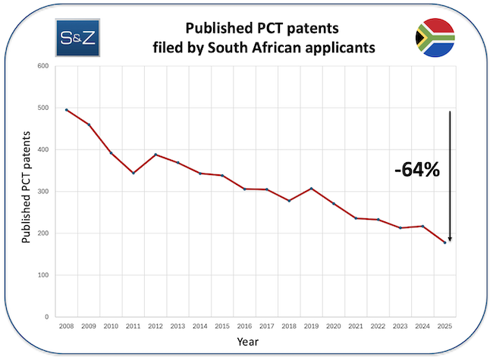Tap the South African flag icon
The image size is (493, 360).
[x=435, y=36]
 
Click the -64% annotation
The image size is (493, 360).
[x=417, y=170]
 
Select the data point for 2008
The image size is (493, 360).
[x=67, y=110]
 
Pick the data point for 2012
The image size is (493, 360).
[x=155, y=155]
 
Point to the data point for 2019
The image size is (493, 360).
[x=311, y=189]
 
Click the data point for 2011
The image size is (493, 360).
[x=133, y=173]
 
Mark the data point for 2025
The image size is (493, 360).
[x=444, y=243]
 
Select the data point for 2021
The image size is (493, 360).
[x=356, y=218]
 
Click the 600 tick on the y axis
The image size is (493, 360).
[x=42, y=66]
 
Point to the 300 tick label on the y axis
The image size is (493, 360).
[x=42, y=192]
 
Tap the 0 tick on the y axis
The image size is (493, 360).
[x=46, y=317]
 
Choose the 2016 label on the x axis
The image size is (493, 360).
[x=244, y=327]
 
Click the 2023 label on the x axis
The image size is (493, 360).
[x=400, y=327]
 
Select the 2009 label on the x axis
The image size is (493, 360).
[x=89, y=327]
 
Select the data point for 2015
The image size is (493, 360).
[x=222, y=176]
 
